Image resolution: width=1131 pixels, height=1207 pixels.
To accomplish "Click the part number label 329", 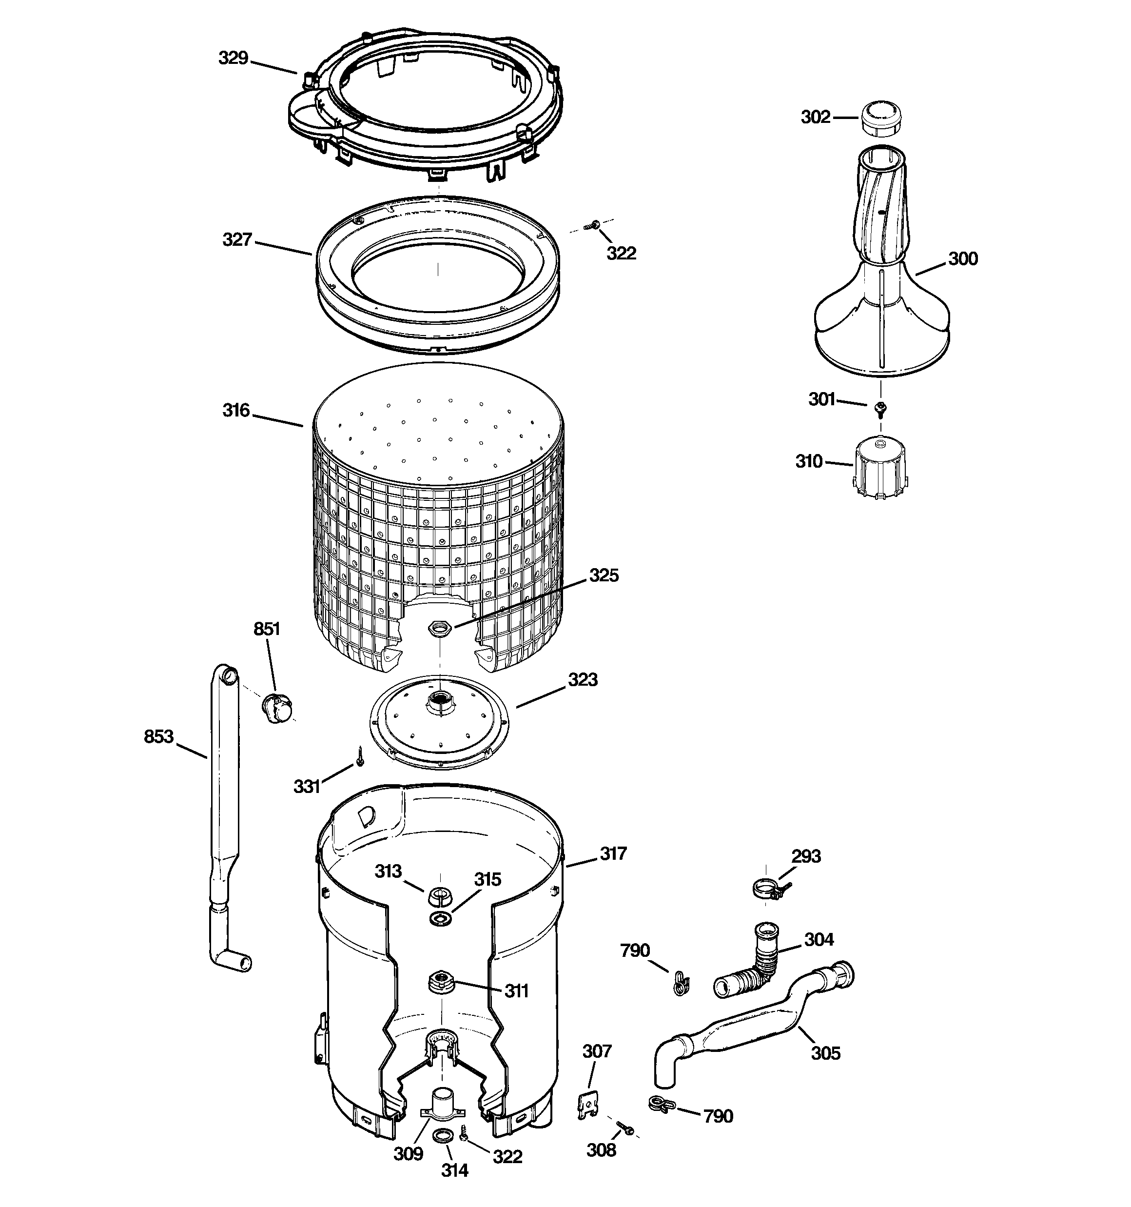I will (x=233, y=59).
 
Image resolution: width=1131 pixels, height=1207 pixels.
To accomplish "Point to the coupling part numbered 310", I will (x=879, y=470).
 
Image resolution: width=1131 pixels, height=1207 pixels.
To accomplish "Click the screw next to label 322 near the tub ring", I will (x=591, y=225).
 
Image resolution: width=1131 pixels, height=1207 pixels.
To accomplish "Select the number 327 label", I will (x=237, y=240).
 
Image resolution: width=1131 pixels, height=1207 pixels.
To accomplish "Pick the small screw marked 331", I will (x=359, y=757).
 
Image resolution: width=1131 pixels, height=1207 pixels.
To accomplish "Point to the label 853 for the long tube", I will (x=158, y=736).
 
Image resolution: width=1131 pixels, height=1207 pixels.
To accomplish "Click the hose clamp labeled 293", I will (x=767, y=890).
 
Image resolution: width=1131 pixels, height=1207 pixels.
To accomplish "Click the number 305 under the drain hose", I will (x=826, y=1053).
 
